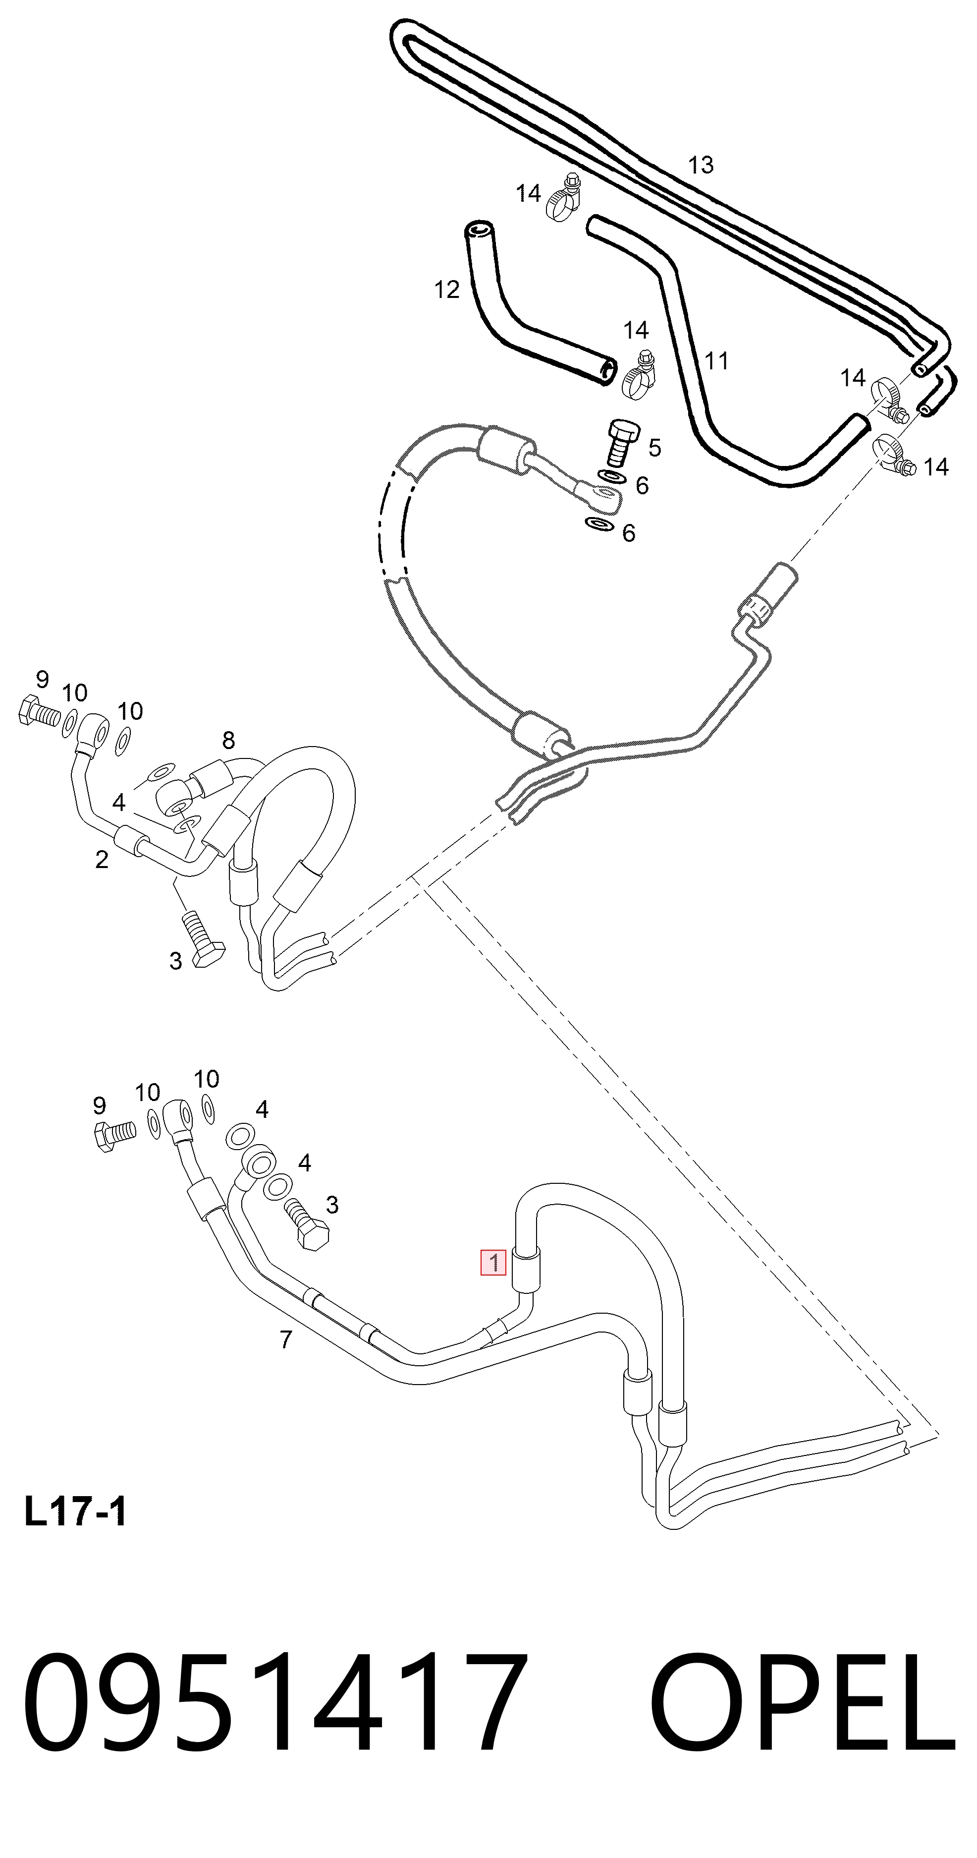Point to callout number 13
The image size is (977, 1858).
(x=700, y=165)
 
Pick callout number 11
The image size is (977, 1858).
(x=716, y=360)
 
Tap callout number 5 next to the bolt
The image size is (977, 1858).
(x=654, y=447)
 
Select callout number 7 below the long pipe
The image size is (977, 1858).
(x=285, y=1339)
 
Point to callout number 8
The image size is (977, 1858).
(x=228, y=740)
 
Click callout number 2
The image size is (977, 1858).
(x=102, y=859)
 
